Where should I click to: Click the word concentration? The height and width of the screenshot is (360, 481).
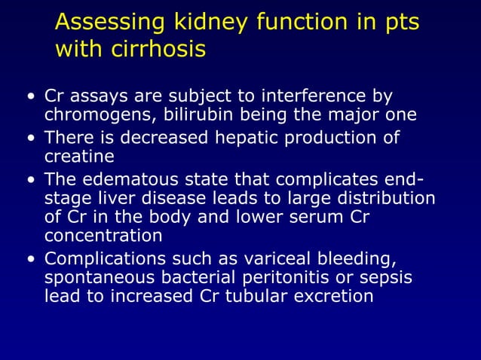pyautogui.click(x=103, y=236)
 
